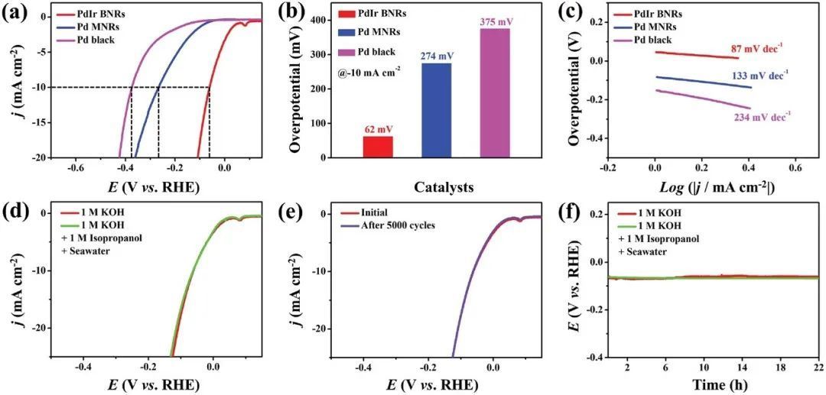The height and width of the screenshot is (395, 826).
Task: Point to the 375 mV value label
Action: click(495, 21)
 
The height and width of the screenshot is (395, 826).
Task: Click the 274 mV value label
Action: click(437, 56)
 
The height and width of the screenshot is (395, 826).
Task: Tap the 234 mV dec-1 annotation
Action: click(762, 115)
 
